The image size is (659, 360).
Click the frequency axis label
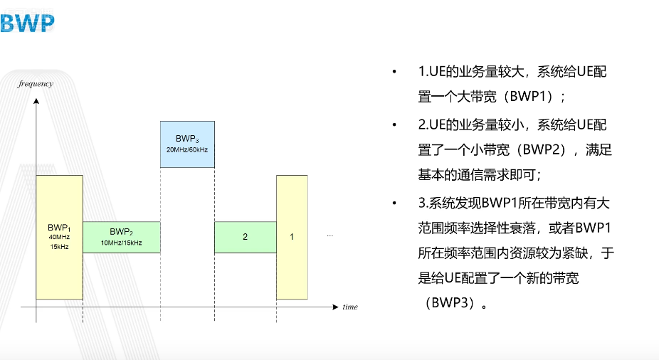click(x=36, y=84)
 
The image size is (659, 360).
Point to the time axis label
click(x=349, y=307)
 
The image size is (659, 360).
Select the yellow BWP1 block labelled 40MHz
click(x=60, y=237)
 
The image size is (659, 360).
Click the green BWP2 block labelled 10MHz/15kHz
click(x=121, y=237)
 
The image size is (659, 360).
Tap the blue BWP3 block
click(x=187, y=144)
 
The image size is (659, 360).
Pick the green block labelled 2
click(x=245, y=237)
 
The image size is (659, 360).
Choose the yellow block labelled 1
click(x=292, y=237)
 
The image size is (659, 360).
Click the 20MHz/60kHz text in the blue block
click(x=187, y=150)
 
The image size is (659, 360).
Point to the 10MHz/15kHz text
click(x=121, y=243)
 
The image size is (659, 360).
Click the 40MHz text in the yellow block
click(x=60, y=236)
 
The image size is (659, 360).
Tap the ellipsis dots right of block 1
click(x=329, y=235)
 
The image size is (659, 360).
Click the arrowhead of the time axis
click(x=336, y=307)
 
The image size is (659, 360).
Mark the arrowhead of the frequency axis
click(x=36, y=101)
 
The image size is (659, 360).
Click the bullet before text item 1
click(x=394, y=73)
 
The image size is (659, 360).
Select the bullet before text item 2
click(x=394, y=125)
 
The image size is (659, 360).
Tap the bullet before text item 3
click(x=394, y=204)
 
